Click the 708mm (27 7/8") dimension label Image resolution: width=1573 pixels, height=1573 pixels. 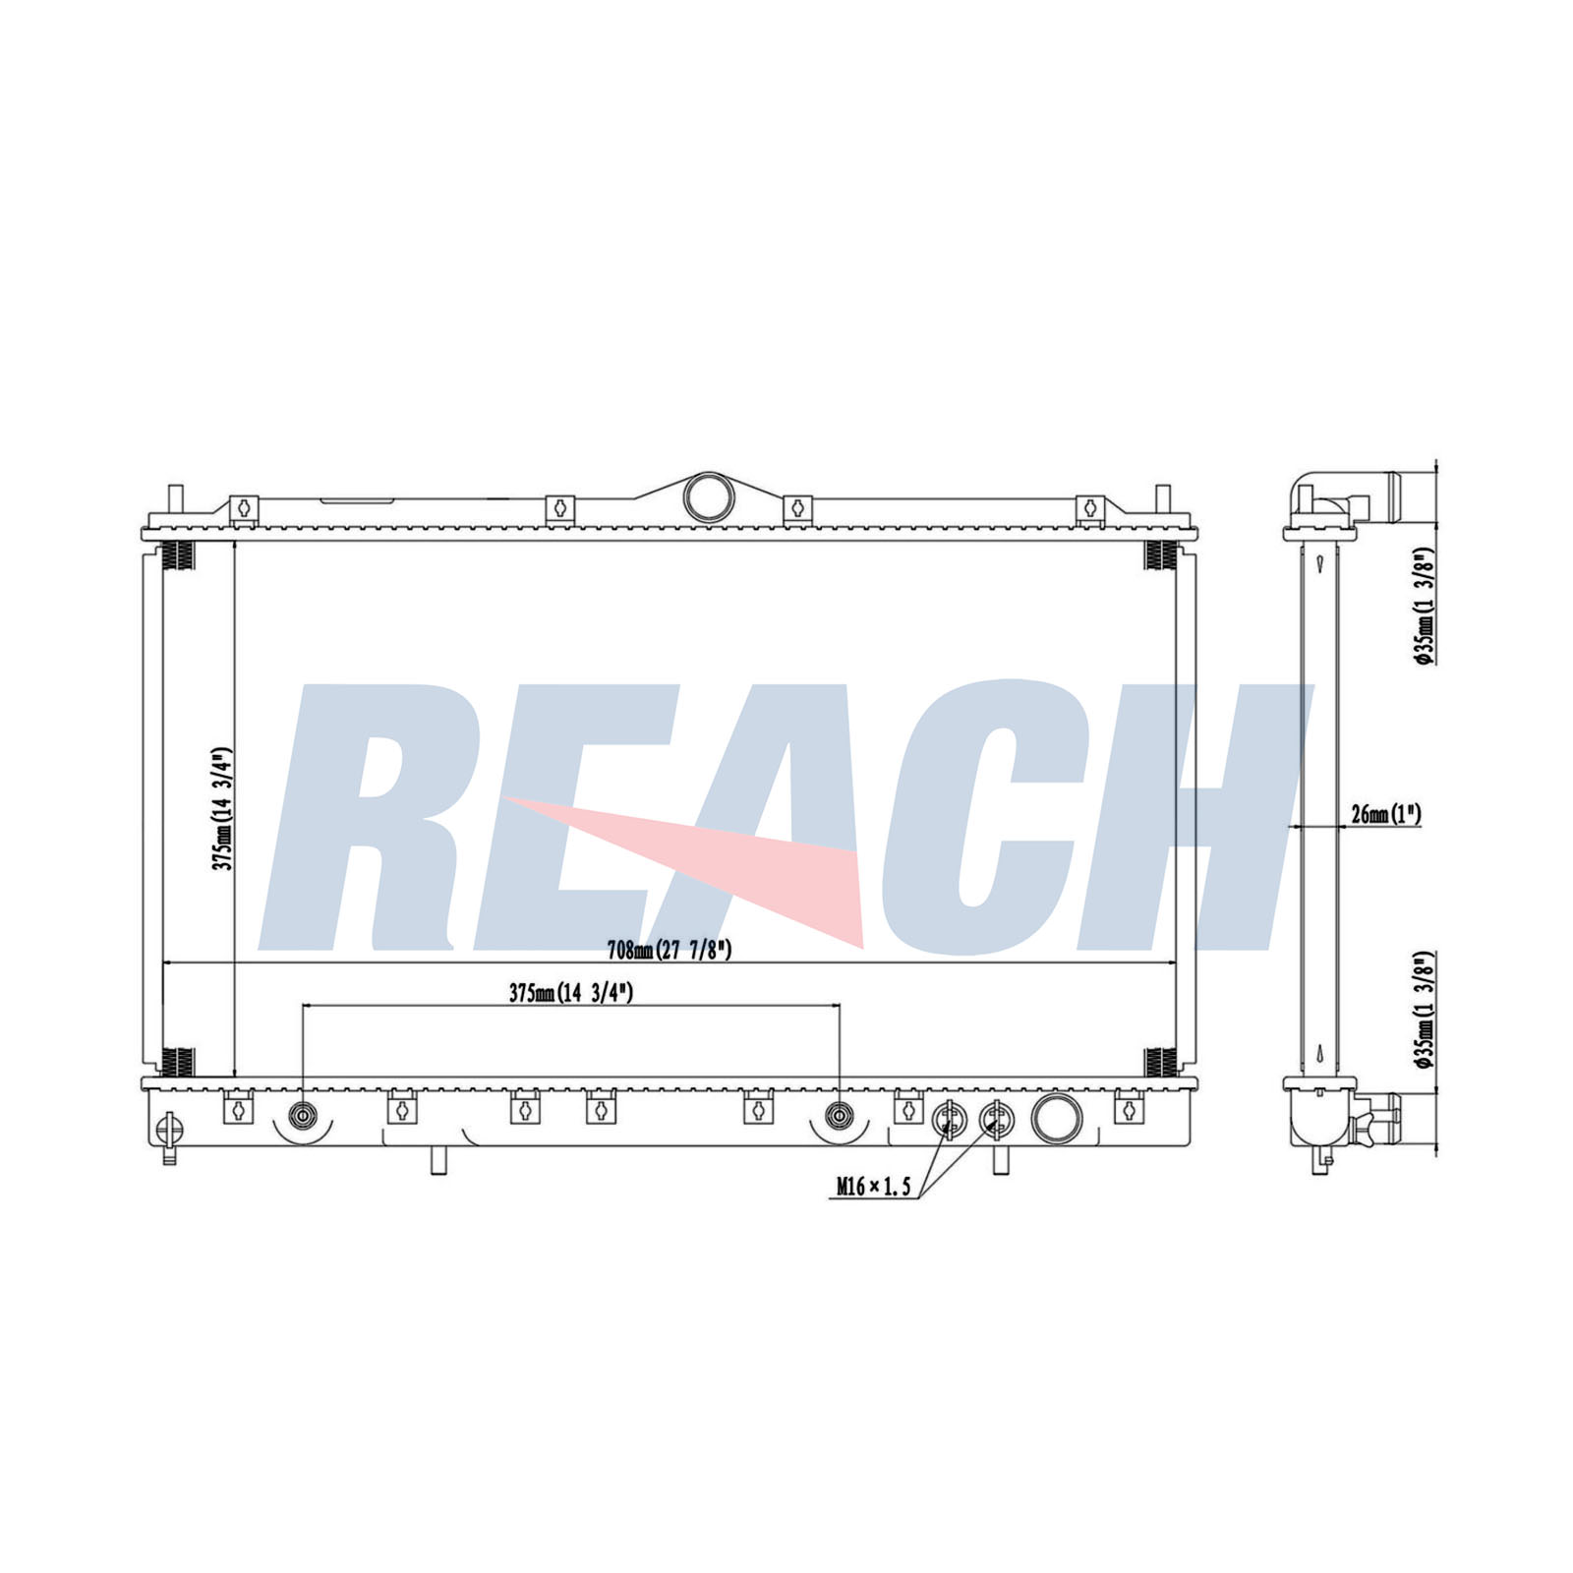click(670, 950)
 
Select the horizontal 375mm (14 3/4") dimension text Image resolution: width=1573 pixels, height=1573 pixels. click(571, 993)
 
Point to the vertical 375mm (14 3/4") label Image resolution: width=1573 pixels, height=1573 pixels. click(222, 809)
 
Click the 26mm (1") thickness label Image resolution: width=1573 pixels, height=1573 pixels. click(1386, 813)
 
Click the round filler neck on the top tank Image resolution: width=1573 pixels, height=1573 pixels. click(709, 496)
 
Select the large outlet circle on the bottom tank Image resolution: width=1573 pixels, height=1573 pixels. click(1057, 1118)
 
